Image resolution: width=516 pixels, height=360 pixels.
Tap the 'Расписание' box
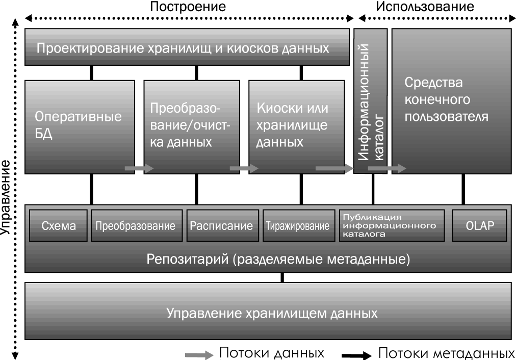[x=221, y=225]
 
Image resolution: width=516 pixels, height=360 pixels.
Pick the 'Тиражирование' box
[x=297, y=225]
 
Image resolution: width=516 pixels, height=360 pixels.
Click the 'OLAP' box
[x=480, y=225]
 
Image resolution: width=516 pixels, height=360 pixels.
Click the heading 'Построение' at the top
[x=188, y=7]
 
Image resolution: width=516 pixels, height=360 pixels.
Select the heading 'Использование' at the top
[x=425, y=7]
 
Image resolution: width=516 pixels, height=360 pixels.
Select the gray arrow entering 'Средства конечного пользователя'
[x=394, y=168]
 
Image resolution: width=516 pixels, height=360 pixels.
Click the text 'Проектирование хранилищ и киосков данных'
[x=183, y=49]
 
